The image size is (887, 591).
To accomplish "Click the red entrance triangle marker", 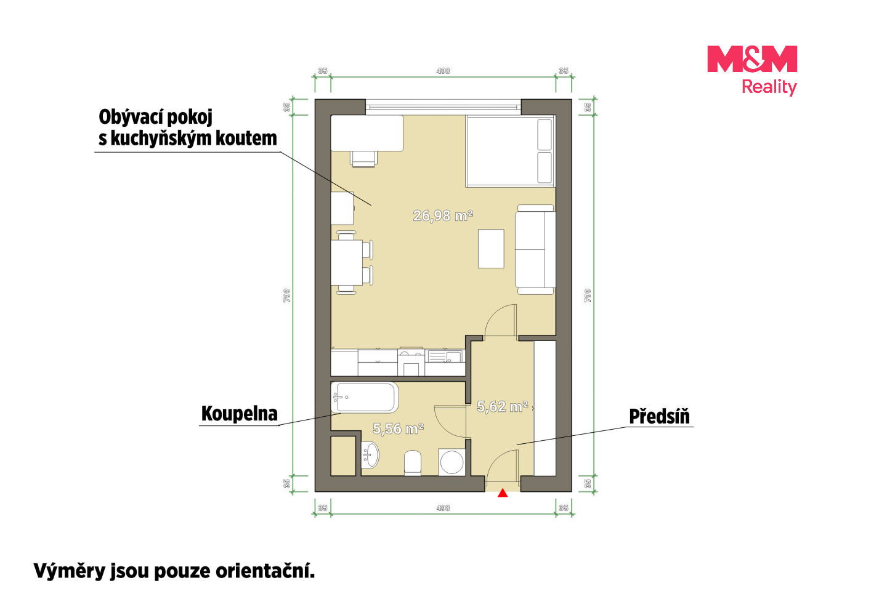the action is (x=503, y=493).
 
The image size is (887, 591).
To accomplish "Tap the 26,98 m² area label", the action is (x=443, y=215).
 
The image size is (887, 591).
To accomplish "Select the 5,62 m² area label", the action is (x=503, y=406).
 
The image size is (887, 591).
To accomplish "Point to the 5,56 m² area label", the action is (x=399, y=428).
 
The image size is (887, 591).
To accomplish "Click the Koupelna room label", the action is (x=240, y=414).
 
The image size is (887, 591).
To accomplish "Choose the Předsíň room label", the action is (x=659, y=416).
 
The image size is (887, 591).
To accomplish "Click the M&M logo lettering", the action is (x=752, y=59).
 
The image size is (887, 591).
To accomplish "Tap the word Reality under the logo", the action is (x=769, y=87).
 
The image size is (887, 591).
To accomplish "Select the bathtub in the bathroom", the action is (x=365, y=398).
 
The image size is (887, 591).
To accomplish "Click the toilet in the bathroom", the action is (x=413, y=463).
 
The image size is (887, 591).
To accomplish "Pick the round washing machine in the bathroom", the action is (x=452, y=462).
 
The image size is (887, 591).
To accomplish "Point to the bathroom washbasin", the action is (x=370, y=455).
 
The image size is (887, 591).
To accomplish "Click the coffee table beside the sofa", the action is (x=491, y=249).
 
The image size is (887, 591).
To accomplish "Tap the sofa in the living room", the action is (x=535, y=249).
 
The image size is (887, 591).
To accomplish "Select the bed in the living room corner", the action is (x=511, y=151).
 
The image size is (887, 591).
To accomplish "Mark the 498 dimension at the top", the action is (x=443, y=71).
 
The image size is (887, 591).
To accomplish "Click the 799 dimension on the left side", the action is (x=286, y=295).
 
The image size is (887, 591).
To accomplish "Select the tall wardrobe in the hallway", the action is (x=545, y=408).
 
